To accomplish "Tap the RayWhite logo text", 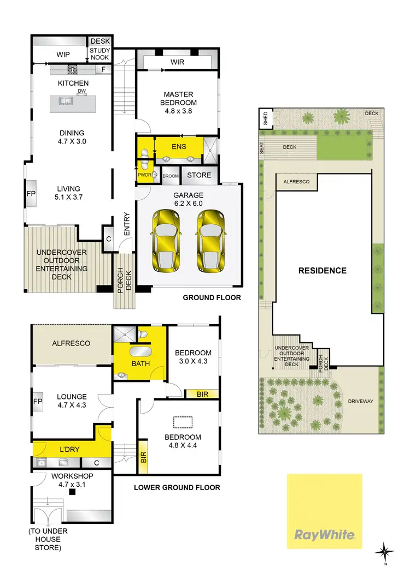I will click(325, 535).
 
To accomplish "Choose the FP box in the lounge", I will click(38, 401).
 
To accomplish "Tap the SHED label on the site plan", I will click(266, 118).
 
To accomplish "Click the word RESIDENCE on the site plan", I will click(322, 270).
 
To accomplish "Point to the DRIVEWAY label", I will click(361, 401).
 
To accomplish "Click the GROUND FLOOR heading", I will click(212, 298).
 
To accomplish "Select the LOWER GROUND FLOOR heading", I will click(177, 487).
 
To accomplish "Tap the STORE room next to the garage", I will click(199, 175).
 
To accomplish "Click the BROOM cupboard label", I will click(171, 176).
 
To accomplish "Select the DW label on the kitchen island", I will click(81, 91).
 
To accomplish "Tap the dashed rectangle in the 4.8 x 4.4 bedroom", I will click(183, 421).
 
